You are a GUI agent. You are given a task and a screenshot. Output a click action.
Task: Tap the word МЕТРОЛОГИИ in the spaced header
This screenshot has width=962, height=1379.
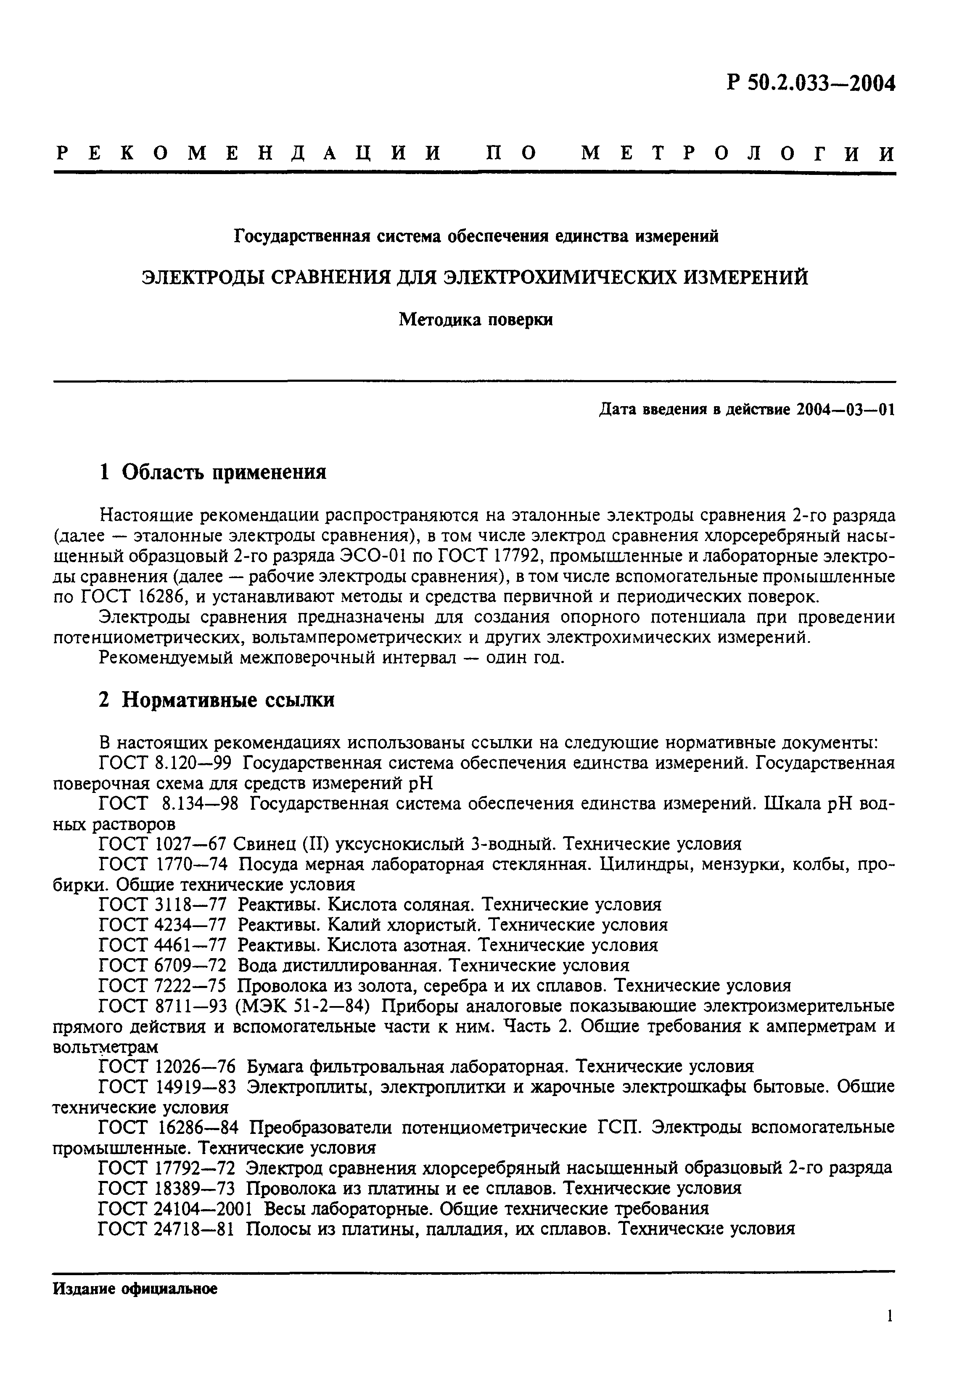pyautogui.click(x=738, y=154)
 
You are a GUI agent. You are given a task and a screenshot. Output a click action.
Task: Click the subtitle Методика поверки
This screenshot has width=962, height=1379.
pyautogui.click(x=476, y=320)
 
